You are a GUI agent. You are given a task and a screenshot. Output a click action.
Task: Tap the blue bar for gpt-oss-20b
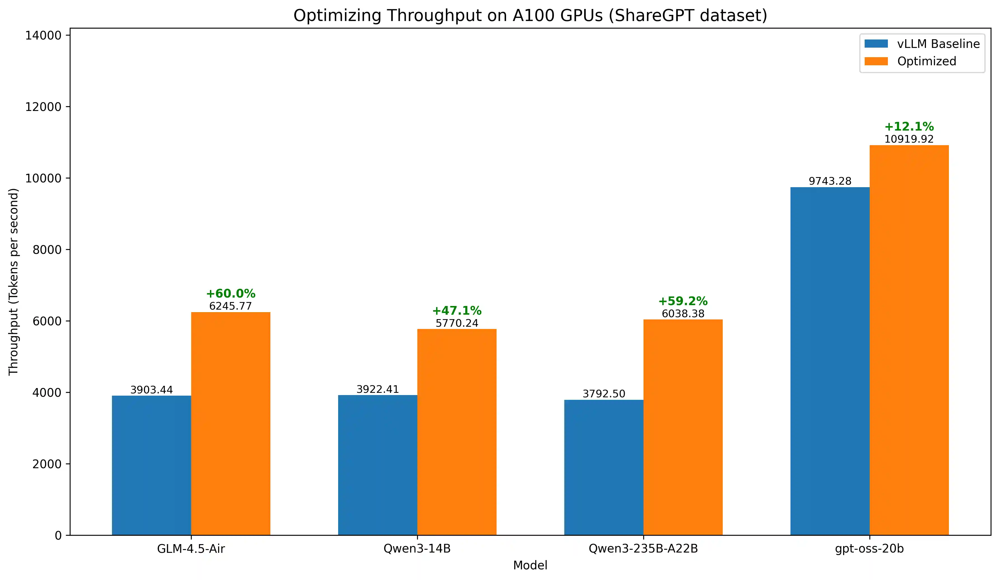tap(830, 361)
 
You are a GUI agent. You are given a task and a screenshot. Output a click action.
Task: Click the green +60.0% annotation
tap(231, 294)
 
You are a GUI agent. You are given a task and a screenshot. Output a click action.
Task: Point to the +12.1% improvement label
tap(909, 127)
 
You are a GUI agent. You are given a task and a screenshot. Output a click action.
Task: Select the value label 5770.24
tap(457, 323)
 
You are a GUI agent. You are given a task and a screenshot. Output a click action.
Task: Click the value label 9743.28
tap(830, 181)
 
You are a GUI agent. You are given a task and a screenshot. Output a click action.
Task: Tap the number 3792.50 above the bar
tap(603, 394)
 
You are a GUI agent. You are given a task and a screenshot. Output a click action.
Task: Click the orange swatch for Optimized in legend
tap(876, 61)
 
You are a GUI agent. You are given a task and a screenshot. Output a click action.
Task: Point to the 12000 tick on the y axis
tap(44, 107)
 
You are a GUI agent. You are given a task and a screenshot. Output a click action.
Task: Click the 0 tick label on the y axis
tap(58, 535)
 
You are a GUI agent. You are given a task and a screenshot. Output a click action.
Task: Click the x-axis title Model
tap(530, 565)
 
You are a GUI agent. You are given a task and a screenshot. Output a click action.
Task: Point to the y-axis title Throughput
tap(14, 281)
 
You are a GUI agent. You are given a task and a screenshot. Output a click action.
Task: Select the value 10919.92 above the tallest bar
tap(909, 139)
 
